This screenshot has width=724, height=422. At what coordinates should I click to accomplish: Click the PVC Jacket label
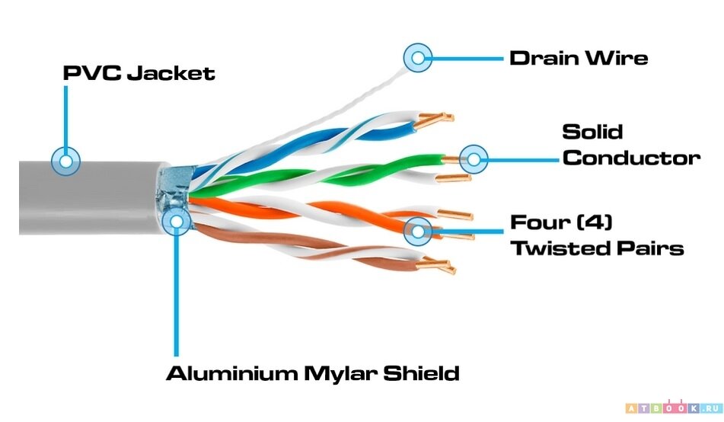pyautogui.click(x=139, y=73)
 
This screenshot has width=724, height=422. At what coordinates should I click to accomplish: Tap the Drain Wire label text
pyautogui.click(x=579, y=57)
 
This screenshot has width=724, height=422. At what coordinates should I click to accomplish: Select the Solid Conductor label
pyautogui.click(x=630, y=145)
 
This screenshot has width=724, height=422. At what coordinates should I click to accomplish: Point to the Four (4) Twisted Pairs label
pyautogui.click(x=596, y=235)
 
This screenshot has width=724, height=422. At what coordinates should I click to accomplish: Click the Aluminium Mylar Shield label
pyautogui.click(x=313, y=374)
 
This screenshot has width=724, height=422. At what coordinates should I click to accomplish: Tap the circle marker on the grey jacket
pyautogui.click(x=66, y=160)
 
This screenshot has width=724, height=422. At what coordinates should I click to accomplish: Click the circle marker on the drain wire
pyautogui.click(x=417, y=57)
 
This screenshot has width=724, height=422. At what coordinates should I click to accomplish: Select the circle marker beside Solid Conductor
pyautogui.click(x=474, y=159)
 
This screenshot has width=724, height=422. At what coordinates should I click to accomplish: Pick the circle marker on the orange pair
pyautogui.click(x=417, y=229)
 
